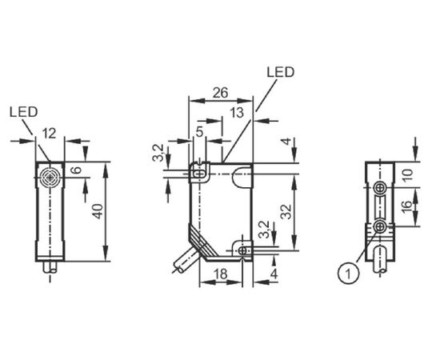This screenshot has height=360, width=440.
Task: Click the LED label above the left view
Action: click(x=23, y=112)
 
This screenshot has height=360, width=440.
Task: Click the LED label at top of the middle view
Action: click(x=280, y=72)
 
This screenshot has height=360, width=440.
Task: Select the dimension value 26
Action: click(x=220, y=93)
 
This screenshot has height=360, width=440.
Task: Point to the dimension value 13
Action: click(x=237, y=113)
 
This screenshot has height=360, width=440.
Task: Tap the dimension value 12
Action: click(x=50, y=134)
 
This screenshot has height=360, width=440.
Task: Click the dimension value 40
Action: click(x=98, y=211)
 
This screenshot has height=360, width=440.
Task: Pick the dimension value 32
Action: click(x=286, y=211)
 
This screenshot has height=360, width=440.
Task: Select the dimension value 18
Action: click(x=221, y=274)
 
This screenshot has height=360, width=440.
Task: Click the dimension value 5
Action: click(x=199, y=132)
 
